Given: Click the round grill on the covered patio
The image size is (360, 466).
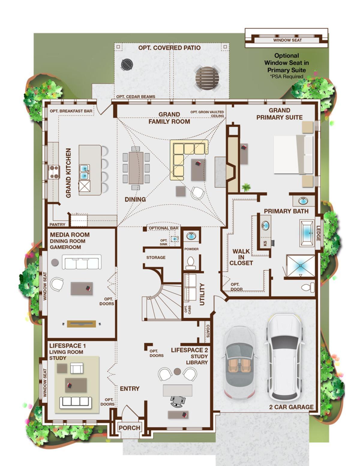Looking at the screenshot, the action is pos(127,64).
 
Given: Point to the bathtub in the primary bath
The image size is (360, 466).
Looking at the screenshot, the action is pos(307,233).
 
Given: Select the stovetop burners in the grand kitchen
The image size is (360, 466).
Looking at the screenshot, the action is pos(54,172).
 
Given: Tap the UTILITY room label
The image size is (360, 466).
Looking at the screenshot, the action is pos(202,294).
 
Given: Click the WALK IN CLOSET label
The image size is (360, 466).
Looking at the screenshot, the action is pos(241,257).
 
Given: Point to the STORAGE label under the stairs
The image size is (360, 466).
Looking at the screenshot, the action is pos(156,257).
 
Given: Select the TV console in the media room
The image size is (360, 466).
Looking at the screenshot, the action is pos(82,324).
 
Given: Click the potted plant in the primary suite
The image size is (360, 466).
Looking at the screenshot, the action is pos(246,188).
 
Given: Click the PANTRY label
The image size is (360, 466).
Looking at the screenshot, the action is pos(57,224).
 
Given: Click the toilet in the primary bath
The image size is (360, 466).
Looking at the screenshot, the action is pos(308,287).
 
